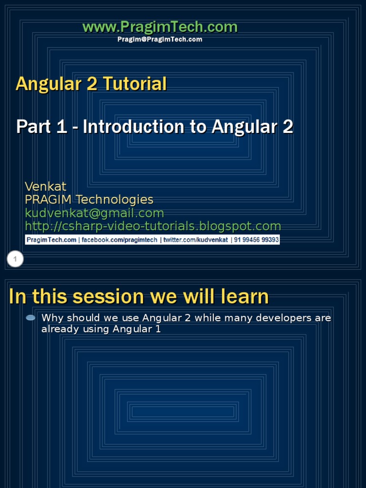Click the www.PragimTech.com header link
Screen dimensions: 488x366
tap(160, 27)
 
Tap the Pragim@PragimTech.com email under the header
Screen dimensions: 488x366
tap(160, 40)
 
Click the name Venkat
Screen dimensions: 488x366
tap(45, 186)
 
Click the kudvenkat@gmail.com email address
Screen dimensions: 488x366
tap(94, 213)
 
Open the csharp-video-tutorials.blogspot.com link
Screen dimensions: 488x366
tap(152, 226)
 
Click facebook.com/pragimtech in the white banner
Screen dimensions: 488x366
tap(119, 240)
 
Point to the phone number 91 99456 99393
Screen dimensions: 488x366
tap(256, 240)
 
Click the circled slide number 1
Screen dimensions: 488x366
tap(15, 259)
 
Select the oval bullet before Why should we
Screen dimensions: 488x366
tap(30, 318)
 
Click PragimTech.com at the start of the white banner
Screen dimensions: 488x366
tap(51, 240)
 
